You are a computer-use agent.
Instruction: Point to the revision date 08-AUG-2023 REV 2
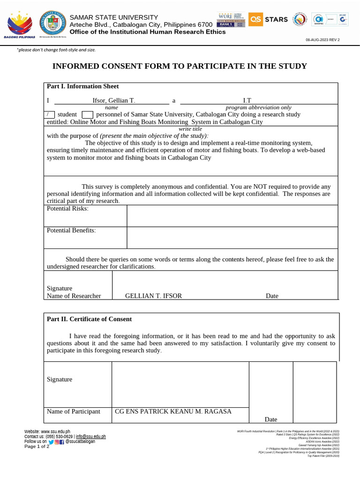[x=322, y=40]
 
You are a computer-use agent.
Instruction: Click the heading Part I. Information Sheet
[x=82, y=86]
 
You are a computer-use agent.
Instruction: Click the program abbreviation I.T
[x=247, y=100]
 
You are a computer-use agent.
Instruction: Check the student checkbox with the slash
[x=49, y=114]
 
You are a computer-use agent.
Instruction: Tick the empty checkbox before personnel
[x=88, y=114]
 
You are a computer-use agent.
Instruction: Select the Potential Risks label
[x=67, y=209]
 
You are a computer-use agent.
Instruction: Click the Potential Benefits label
[x=71, y=230]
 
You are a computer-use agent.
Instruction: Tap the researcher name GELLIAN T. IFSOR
[x=153, y=296]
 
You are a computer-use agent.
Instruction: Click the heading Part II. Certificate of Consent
[x=89, y=319]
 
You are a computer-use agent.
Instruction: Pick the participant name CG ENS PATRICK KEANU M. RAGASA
[x=173, y=411]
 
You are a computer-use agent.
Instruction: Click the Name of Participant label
[x=73, y=411]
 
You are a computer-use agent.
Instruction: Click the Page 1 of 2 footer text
[x=37, y=446]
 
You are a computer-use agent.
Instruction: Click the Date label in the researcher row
[x=272, y=296]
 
